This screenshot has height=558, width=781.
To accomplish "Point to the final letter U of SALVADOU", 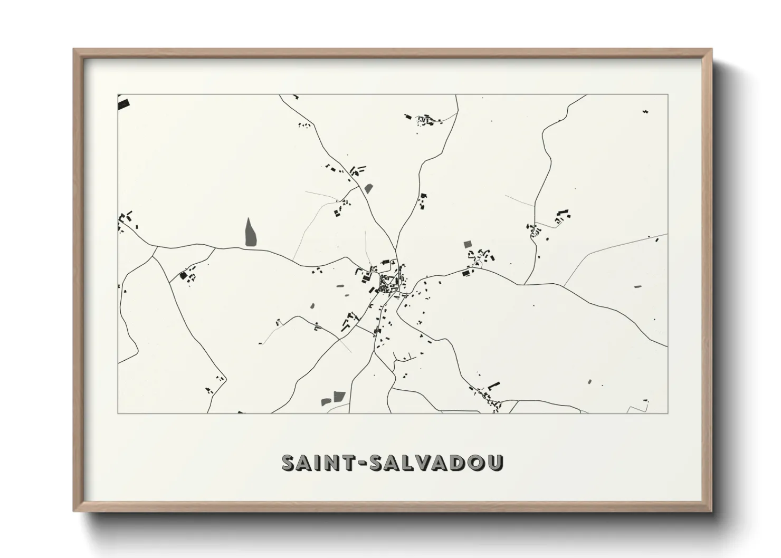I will pyautogui.click(x=495, y=463).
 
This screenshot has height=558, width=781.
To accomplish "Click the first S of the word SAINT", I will pyautogui.click(x=289, y=463).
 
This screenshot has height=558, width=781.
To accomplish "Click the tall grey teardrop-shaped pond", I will pyautogui.click(x=250, y=232).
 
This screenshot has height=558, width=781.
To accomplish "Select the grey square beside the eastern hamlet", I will pyautogui.click(x=467, y=244).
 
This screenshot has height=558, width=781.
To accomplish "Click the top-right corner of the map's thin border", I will pyautogui.click(x=668, y=94).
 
